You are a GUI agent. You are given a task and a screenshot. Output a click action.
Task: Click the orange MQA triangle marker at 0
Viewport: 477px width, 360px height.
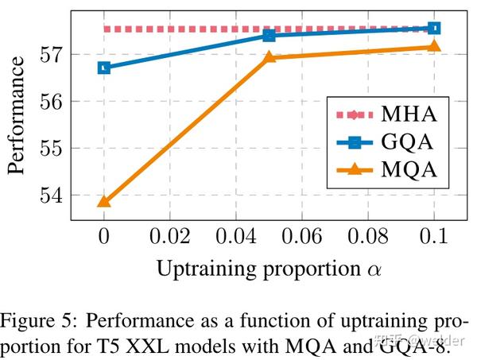103,201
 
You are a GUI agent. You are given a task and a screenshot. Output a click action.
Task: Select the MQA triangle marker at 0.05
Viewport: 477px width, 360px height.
269,57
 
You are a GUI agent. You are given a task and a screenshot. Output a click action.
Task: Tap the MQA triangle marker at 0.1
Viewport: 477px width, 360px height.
433,46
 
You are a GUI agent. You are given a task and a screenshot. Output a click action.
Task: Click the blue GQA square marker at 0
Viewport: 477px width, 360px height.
103,68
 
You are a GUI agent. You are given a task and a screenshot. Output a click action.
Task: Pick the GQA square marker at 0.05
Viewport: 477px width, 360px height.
269,35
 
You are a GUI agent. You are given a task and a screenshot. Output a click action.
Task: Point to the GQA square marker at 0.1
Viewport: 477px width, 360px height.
433,28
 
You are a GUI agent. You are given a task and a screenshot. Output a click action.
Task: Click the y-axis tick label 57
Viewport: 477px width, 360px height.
49,55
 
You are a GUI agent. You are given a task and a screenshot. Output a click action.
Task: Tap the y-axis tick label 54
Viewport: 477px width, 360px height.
49,195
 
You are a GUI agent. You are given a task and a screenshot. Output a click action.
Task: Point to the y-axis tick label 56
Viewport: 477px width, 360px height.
49,102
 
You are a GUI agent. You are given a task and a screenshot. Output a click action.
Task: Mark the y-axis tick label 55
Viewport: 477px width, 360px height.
49,148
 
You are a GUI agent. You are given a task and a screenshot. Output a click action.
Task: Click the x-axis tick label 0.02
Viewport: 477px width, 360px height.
169,237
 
